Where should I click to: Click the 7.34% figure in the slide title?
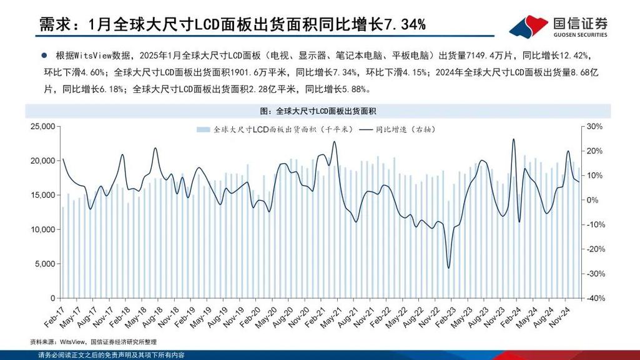pos(405,24)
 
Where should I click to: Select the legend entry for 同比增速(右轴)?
pos(400,130)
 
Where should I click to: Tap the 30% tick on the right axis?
pos(594,127)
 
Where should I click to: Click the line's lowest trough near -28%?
pos(448,268)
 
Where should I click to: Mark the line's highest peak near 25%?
pos(513,139)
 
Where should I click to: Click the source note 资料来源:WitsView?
pos(93,342)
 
